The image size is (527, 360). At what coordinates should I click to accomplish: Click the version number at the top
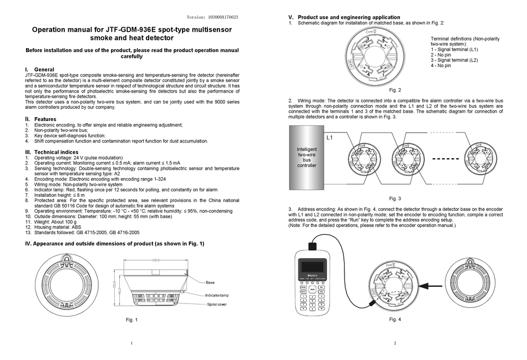[x=212, y=17]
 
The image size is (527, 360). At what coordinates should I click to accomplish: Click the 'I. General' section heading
[x=40, y=69]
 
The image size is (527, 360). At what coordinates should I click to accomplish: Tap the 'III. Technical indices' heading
[x=52, y=152]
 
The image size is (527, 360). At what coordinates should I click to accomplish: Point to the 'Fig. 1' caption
[x=131, y=320]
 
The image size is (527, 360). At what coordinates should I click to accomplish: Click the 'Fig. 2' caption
[x=395, y=90]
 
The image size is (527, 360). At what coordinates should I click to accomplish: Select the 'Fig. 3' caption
[x=395, y=198]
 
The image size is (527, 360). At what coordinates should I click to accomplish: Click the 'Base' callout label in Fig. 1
[x=210, y=282]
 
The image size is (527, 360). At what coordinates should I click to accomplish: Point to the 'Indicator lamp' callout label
[x=217, y=295]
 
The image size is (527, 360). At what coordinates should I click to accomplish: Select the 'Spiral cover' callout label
[x=216, y=305]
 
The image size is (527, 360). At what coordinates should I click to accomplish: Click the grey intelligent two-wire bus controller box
[x=307, y=158]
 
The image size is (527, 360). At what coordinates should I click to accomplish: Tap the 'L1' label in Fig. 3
[x=330, y=137]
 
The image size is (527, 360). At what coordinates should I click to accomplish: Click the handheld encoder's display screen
[x=313, y=266]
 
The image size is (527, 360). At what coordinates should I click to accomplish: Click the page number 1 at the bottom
[x=131, y=343]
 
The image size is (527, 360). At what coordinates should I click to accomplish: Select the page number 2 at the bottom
[x=395, y=343]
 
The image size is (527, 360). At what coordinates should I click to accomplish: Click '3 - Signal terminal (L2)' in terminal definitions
[x=454, y=60]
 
